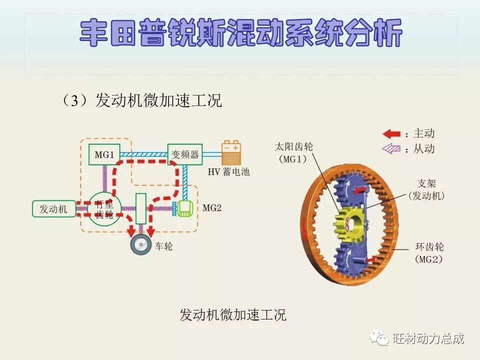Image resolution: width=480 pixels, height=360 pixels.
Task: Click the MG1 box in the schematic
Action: pyautogui.click(x=104, y=154)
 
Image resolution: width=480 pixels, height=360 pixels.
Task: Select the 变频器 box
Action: pyautogui.click(x=184, y=154)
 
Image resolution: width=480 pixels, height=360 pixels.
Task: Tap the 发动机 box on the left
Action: pyautogui.click(x=53, y=209)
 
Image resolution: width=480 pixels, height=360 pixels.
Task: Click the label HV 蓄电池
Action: pyautogui.click(x=228, y=172)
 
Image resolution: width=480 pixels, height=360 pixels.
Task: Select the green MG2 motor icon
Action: pyautogui.click(x=184, y=208)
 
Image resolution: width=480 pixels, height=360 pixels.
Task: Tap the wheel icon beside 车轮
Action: pyautogui.click(x=141, y=245)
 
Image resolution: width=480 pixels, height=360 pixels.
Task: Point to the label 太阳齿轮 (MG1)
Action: pyautogui.click(x=294, y=153)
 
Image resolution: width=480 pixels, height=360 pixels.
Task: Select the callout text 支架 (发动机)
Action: pyautogui.click(x=426, y=189)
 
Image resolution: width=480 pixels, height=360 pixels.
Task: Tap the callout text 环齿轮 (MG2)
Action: pyautogui.click(x=429, y=253)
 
